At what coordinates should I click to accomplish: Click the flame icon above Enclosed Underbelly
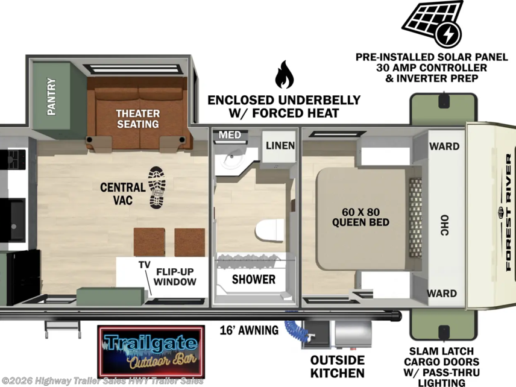click(x=285, y=75)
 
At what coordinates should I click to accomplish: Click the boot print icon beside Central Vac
click(x=157, y=187)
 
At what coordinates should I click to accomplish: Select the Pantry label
click(x=51, y=96)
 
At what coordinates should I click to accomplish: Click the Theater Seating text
click(x=138, y=119)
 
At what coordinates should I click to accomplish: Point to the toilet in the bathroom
click(x=270, y=230)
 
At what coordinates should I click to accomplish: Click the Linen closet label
click(x=280, y=145)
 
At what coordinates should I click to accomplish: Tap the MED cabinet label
click(x=230, y=135)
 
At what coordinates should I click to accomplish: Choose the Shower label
click(x=254, y=279)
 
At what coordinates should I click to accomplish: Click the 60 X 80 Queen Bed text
click(x=360, y=217)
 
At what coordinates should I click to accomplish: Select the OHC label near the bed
click(x=445, y=225)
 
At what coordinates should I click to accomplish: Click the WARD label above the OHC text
click(x=445, y=146)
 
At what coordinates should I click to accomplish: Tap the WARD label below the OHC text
click(x=442, y=293)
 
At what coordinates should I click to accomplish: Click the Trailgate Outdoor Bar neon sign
click(x=151, y=352)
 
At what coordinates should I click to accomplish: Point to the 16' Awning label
click(x=249, y=330)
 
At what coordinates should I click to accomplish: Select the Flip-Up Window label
click(x=175, y=277)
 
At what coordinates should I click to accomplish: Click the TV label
click(x=145, y=265)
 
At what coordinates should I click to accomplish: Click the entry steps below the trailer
click(x=63, y=329)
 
